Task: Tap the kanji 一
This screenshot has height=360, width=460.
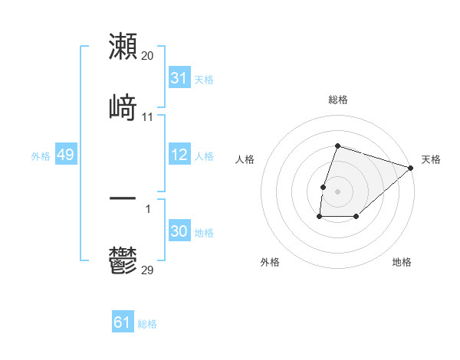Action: pyautogui.click(x=123, y=198)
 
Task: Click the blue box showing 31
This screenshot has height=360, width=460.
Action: pyautogui.click(x=179, y=77)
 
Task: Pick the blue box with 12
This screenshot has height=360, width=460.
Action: pyautogui.click(x=179, y=155)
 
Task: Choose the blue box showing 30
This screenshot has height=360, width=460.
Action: pyautogui.click(x=179, y=231)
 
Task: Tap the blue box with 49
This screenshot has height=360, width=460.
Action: pyautogui.click(x=65, y=155)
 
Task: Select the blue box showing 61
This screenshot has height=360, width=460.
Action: pyautogui.click(x=123, y=322)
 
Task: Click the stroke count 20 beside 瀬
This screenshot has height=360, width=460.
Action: pyautogui.click(x=148, y=56)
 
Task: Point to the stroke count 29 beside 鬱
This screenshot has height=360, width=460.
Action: pyautogui.click(x=148, y=270)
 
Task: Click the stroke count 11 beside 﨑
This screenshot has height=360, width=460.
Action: pyautogui.click(x=148, y=117)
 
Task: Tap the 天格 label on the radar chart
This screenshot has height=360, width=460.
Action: pyautogui.click(x=431, y=159)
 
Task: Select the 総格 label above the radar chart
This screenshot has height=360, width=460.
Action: pyautogui.click(x=338, y=100)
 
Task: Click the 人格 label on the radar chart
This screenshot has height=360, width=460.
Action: pyautogui.click(x=245, y=159)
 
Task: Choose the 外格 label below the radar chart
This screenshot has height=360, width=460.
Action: pyautogui.click(x=270, y=262)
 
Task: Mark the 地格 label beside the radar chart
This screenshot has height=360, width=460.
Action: pyautogui.click(x=402, y=262)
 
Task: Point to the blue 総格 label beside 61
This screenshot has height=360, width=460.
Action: pyautogui.click(x=147, y=324)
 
